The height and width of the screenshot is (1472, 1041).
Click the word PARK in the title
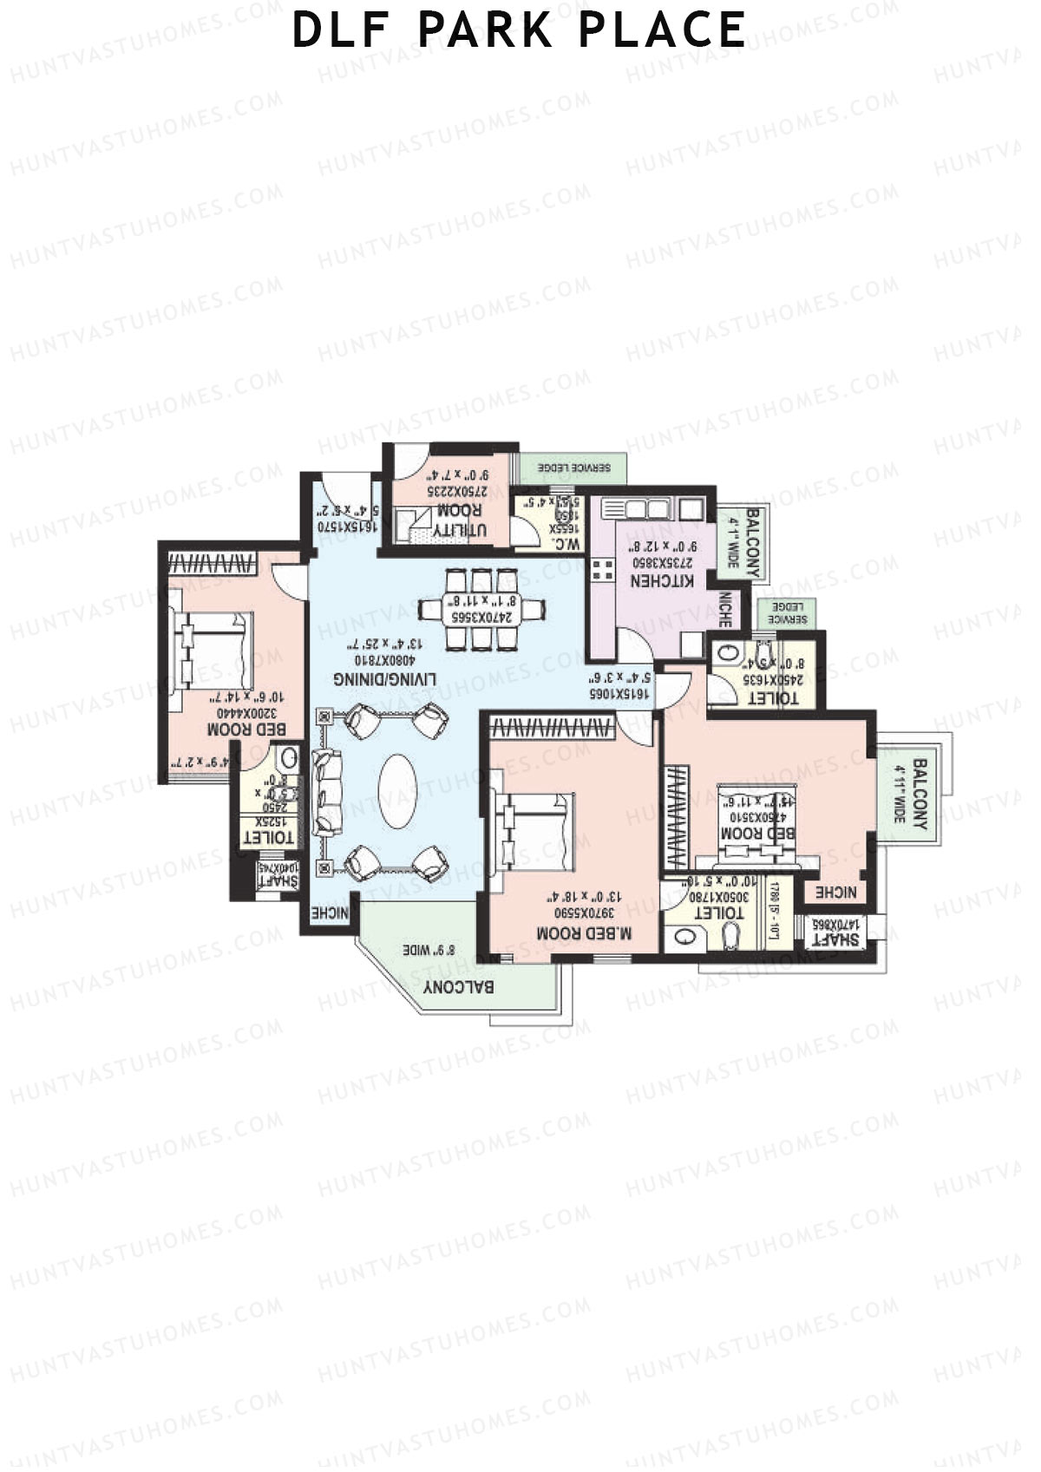click(484, 30)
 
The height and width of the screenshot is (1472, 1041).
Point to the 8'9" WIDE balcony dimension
click(429, 950)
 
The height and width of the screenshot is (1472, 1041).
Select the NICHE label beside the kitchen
click(725, 610)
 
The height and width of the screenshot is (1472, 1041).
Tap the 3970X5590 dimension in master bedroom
click(586, 913)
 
